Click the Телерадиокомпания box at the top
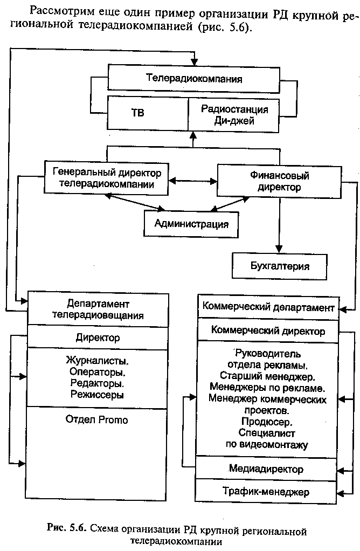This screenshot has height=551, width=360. pyautogui.click(x=194, y=79)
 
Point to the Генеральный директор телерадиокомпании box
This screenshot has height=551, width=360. pyautogui.click(x=106, y=178)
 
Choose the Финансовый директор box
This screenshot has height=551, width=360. pyautogui.click(x=279, y=181)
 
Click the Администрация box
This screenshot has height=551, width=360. pyautogui.click(x=191, y=224)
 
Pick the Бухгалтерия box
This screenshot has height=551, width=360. pyautogui.click(x=280, y=266)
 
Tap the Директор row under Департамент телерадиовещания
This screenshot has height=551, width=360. pyautogui.click(x=98, y=338)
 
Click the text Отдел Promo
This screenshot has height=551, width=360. pyautogui.click(x=96, y=419)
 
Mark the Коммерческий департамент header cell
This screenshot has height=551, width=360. pyautogui.click(x=268, y=307)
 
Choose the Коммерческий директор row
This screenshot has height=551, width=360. pyautogui.click(x=268, y=330)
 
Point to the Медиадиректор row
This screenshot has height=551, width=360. pyautogui.click(x=266, y=469)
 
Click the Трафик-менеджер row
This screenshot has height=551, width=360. pyautogui.click(x=266, y=491)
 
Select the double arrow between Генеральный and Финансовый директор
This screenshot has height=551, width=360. pyautogui.click(x=193, y=181)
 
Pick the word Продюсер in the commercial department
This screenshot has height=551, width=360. pyautogui.click(x=267, y=421)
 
